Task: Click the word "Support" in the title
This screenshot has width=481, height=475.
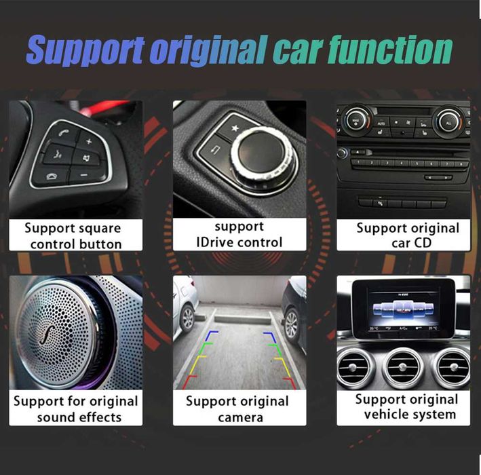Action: tap(82, 50)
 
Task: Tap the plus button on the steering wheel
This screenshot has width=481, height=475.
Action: tap(88, 141)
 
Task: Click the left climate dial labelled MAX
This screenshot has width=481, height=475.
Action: tap(355, 121)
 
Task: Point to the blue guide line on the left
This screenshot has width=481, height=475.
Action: tap(212, 335)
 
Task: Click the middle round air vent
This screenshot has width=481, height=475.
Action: tap(402, 367)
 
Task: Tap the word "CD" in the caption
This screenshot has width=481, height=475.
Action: tap(422, 243)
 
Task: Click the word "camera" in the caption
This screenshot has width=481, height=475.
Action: tap(240, 417)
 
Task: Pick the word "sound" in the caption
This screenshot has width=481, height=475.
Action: tap(59, 417)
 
